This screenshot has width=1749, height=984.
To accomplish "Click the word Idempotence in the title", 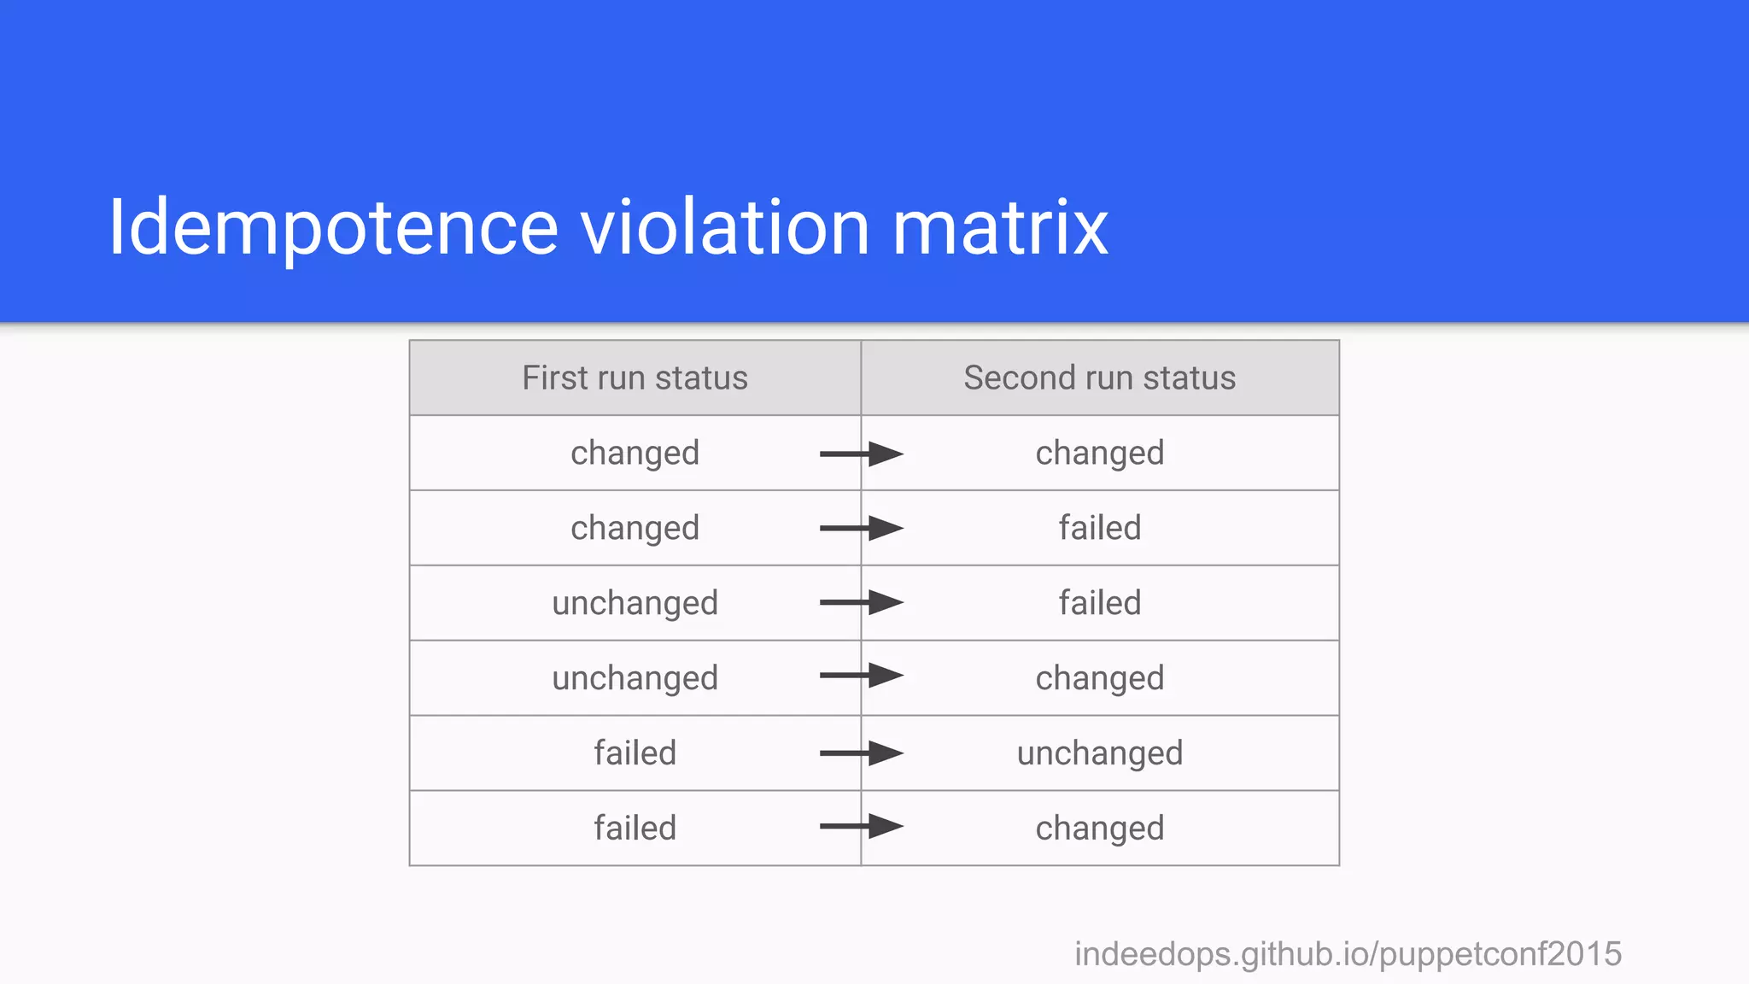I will click(x=333, y=227).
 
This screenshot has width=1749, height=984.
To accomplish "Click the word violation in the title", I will click(x=725, y=227).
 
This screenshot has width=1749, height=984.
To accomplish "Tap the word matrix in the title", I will click(x=1000, y=227).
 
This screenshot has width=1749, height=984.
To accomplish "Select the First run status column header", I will click(x=635, y=378).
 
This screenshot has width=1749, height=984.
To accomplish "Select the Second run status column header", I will click(x=1099, y=378).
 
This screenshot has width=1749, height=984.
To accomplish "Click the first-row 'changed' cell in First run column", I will click(x=635, y=453).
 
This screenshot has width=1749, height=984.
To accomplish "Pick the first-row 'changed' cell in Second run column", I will click(x=1099, y=453).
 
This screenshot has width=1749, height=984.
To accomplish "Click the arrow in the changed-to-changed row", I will click(x=861, y=454).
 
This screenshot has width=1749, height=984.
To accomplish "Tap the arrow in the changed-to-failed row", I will click(x=861, y=528).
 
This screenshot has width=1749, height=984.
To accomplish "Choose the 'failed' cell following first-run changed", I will click(x=1099, y=528).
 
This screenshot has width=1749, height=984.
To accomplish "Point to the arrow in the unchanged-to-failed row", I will click(x=861, y=602).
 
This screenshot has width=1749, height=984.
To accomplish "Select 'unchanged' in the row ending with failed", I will click(x=635, y=603).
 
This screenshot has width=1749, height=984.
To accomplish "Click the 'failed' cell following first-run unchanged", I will click(x=1099, y=603).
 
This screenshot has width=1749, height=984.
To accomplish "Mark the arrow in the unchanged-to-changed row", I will click(x=861, y=676).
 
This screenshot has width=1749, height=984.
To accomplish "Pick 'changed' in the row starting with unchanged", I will click(x=1099, y=678).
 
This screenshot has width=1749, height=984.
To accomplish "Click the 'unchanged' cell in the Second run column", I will click(x=1099, y=753).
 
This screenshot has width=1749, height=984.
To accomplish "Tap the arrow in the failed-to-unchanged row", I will click(x=861, y=753).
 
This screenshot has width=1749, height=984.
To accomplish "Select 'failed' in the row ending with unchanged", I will click(x=635, y=753).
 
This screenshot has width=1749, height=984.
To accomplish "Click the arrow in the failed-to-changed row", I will click(x=861, y=826).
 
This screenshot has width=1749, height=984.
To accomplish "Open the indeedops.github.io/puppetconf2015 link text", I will click(x=1348, y=954).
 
